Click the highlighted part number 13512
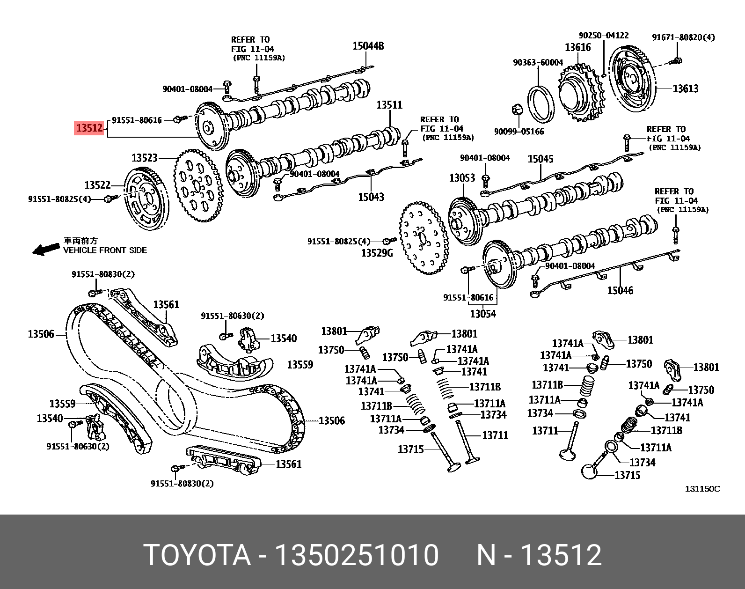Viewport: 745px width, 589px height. tap(89, 127)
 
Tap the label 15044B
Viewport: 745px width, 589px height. tap(368, 46)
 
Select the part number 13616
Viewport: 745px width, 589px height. tap(577, 47)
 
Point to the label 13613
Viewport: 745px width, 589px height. tap(685, 88)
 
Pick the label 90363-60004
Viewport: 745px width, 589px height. tap(538, 62)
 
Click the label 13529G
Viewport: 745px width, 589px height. tap(376, 253)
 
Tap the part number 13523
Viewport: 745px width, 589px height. tap(144, 158)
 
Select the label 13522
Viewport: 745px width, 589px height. tap(97, 185)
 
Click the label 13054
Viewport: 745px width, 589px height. tap(482, 314)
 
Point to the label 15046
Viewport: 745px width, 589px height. tap(620, 290)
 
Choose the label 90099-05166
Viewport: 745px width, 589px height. tap(519, 132)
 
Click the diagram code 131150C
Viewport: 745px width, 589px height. tap(702, 489)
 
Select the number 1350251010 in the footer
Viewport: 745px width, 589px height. tap(356, 556)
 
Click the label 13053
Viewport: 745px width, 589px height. tap(462, 178)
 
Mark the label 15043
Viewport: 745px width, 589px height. tap(371, 197)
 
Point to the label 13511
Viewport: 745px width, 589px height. tap(389, 105)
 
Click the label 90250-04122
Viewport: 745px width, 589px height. tap(603, 36)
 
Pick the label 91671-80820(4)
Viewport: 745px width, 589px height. tap(683, 37)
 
